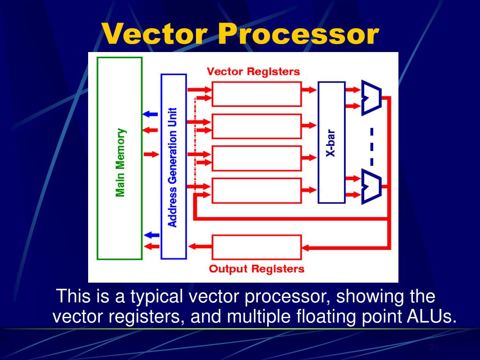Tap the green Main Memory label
(120, 162)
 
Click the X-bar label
(331, 143)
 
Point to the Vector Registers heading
(253, 72)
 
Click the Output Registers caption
(256, 269)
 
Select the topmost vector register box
(256, 94)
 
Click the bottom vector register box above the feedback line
(256, 190)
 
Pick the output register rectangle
(256, 247)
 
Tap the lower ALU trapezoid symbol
(372, 186)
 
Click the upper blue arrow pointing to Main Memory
(150, 114)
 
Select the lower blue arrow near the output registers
(150, 235)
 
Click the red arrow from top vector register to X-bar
(309, 89)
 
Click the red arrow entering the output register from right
(311, 247)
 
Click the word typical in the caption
(156, 297)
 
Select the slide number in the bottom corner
(435, 347)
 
